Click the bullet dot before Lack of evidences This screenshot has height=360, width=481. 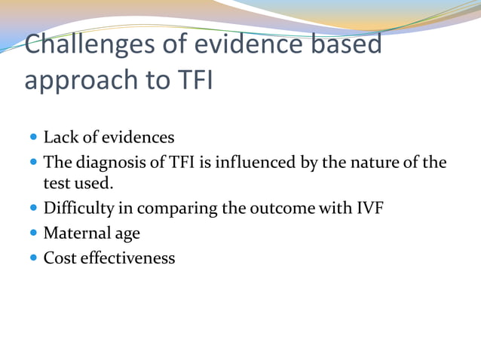pyautogui.click(x=35, y=139)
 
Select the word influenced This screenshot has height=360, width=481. pyautogui.click(x=254, y=162)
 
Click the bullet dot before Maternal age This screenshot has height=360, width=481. pyautogui.click(x=35, y=234)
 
